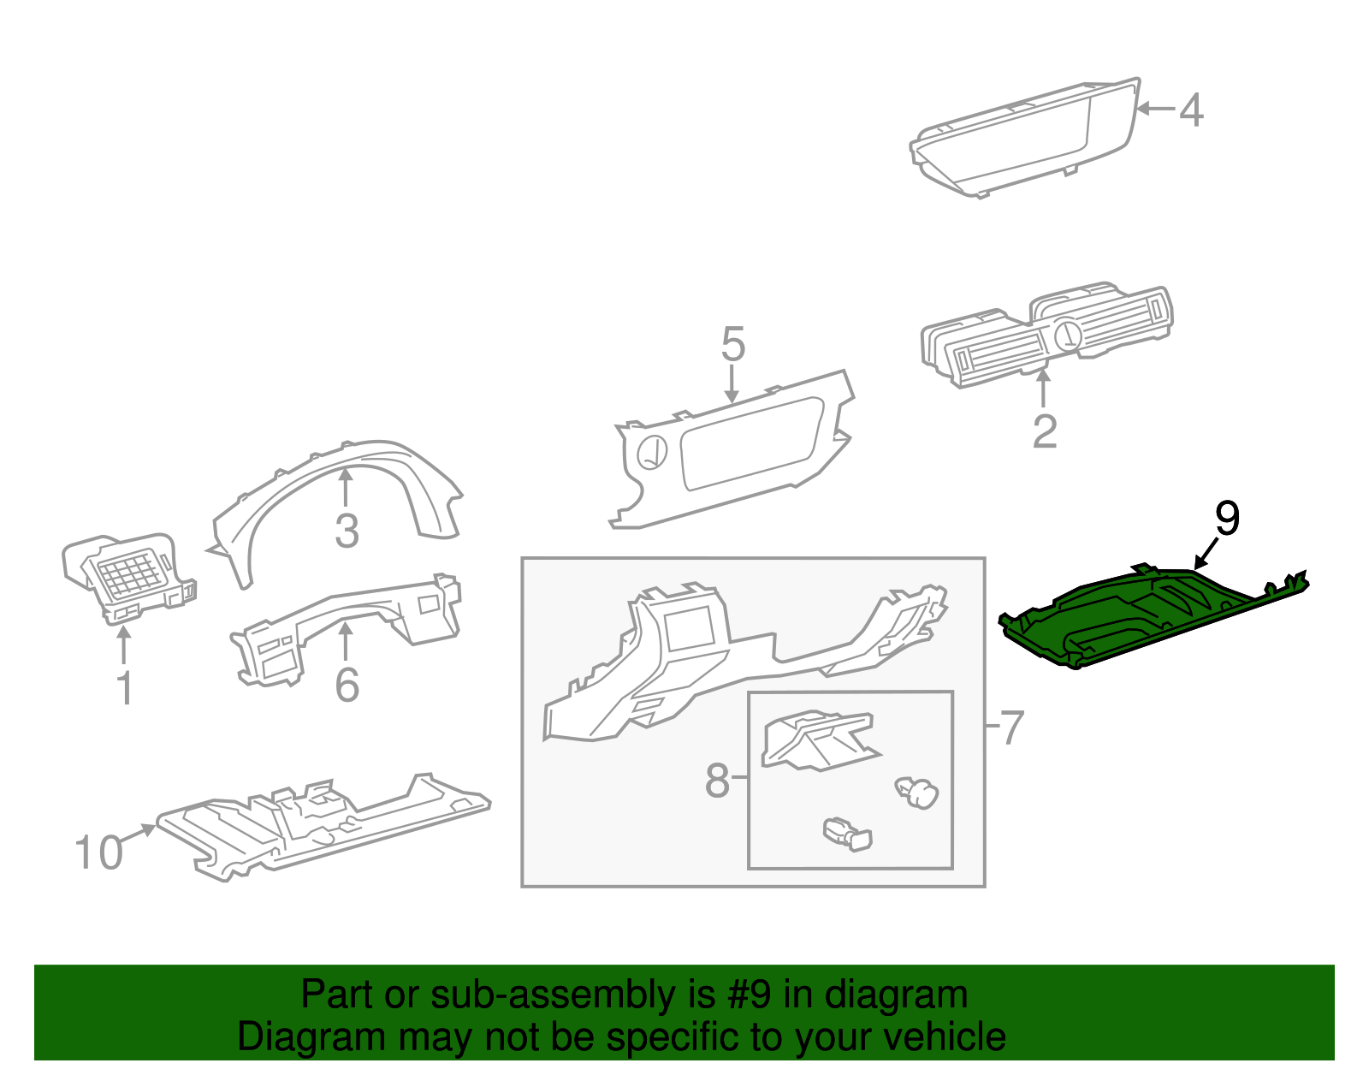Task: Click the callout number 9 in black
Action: coord(1227,519)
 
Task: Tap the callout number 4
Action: coord(1191,110)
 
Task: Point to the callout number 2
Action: coord(1044,431)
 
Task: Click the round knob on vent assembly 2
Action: coord(1067,335)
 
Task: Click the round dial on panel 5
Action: coord(653,452)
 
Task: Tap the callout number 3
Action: coord(346,531)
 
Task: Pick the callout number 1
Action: coord(125,689)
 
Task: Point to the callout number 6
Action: coord(347,685)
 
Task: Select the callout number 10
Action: coord(98,853)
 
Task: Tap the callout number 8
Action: coord(717,781)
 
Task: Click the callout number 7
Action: coord(1011,728)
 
